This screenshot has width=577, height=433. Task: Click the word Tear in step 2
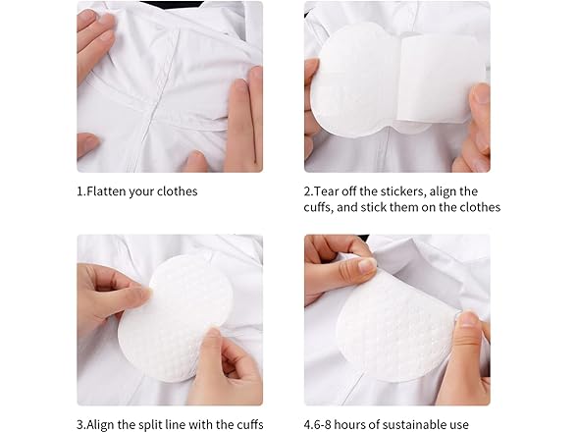click(x=330, y=190)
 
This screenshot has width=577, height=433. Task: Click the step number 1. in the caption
click(x=80, y=190)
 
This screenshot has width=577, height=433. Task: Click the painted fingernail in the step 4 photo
click(x=365, y=265)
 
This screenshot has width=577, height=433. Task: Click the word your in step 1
click(x=142, y=190)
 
